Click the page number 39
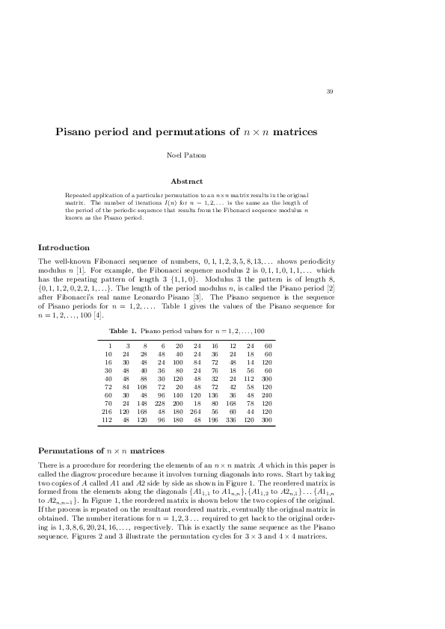click(330, 92)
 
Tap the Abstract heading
click(186, 181)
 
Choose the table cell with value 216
click(106, 411)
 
